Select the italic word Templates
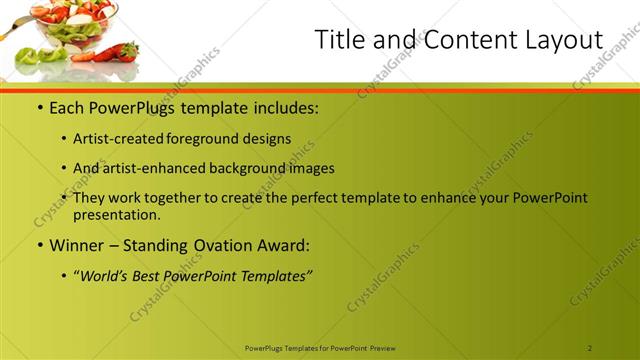(x=277, y=276)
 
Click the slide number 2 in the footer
(x=590, y=347)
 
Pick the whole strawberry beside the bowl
(x=127, y=50)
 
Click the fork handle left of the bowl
(x=8, y=34)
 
